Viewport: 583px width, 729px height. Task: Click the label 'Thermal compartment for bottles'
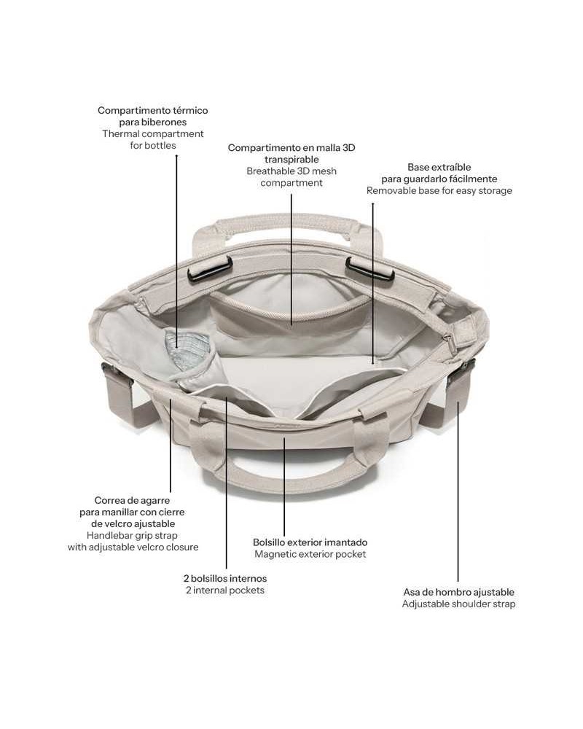(x=153, y=139)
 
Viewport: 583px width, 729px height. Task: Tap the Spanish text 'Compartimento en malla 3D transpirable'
(x=291, y=153)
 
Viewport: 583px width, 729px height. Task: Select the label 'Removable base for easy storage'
(x=439, y=190)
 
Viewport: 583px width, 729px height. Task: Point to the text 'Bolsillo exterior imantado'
(x=310, y=542)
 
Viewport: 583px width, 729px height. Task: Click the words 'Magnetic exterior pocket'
(x=310, y=554)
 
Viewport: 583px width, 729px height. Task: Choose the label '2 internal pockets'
(x=225, y=590)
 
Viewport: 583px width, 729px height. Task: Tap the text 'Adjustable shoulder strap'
(x=459, y=604)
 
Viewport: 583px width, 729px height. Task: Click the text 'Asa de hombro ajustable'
(x=459, y=592)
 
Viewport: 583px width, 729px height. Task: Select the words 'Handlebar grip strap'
(x=132, y=536)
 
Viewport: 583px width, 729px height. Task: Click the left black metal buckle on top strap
(x=210, y=269)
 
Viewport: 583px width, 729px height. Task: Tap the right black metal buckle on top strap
(x=369, y=270)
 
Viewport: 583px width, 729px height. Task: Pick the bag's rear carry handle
(x=289, y=227)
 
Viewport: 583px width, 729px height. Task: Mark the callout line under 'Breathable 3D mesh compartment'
(x=291, y=259)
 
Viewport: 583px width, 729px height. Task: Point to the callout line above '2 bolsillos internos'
(x=227, y=483)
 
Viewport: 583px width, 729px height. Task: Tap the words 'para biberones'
(x=153, y=122)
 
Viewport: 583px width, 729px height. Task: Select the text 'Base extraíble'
(x=439, y=168)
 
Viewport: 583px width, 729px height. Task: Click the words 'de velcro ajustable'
(x=133, y=524)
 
